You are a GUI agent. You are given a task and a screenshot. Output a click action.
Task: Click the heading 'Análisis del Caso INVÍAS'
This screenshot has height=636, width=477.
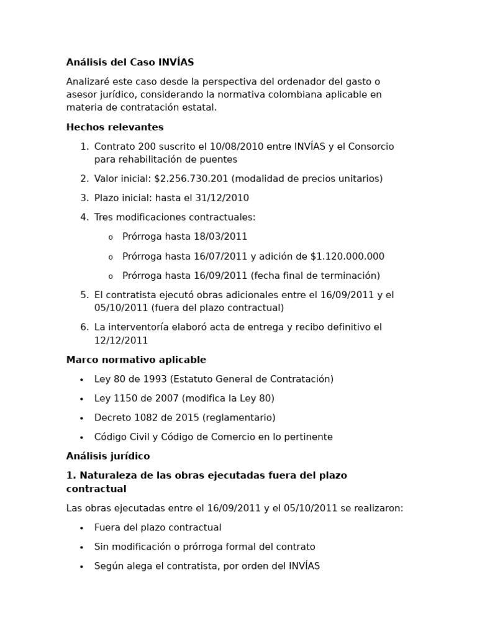(x=130, y=62)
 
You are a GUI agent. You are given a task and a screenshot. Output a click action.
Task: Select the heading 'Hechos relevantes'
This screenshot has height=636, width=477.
(x=115, y=127)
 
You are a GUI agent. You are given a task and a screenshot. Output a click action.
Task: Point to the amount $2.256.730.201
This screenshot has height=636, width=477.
(x=191, y=179)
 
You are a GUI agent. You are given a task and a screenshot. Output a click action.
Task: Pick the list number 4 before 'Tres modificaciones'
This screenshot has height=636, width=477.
(x=84, y=217)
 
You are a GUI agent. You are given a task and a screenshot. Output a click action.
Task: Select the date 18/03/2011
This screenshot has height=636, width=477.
(x=220, y=237)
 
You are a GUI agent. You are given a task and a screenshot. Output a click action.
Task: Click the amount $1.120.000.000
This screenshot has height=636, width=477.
(x=347, y=257)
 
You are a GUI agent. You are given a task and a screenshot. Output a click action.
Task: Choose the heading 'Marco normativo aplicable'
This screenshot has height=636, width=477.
(x=136, y=360)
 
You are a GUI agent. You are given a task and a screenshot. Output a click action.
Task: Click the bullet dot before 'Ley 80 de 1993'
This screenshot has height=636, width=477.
(x=81, y=380)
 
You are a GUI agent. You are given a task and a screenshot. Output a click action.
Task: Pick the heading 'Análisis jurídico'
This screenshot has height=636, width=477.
(x=108, y=456)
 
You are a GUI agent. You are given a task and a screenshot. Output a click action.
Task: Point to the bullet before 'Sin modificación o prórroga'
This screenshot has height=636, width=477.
(x=81, y=548)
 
